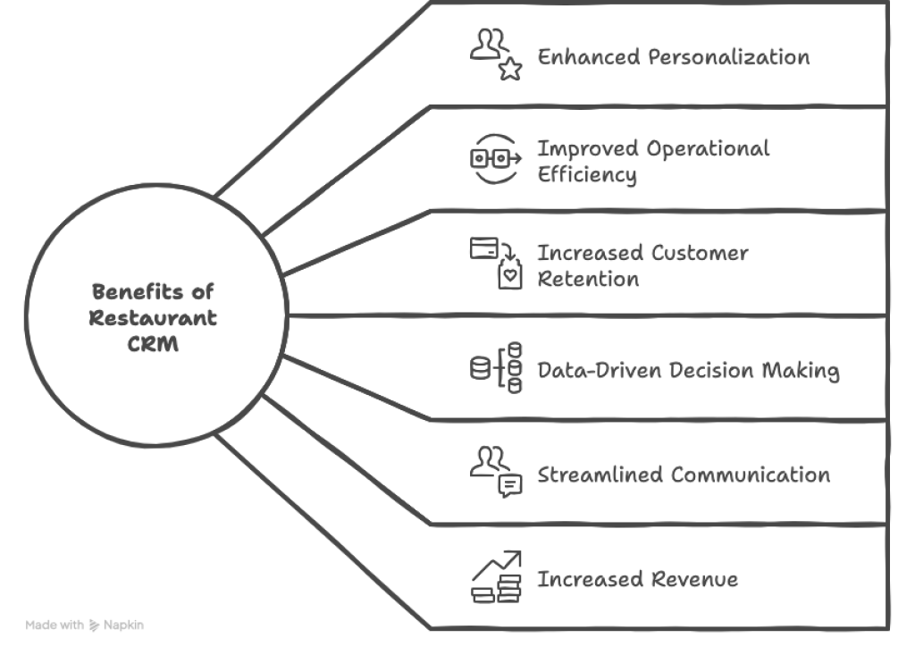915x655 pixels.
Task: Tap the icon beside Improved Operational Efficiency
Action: (x=495, y=159)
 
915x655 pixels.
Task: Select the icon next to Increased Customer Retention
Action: (x=496, y=264)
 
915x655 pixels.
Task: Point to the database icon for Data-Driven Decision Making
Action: (x=495, y=367)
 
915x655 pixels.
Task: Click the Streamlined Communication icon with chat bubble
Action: (x=496, y=472)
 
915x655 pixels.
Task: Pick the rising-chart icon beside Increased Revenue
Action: (x=496, y=576)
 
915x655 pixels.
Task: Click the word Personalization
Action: (x=728, y=57)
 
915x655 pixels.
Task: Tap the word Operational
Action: (x=709, y=149)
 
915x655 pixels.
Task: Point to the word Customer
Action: (x=700, y=253)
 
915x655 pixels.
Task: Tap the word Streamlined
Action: (x=600, y=474)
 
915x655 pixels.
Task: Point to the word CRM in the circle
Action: (x=153, y=344)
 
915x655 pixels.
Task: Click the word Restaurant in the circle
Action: (x=153, y=317)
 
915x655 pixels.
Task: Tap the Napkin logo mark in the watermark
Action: (x=95, y=626)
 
